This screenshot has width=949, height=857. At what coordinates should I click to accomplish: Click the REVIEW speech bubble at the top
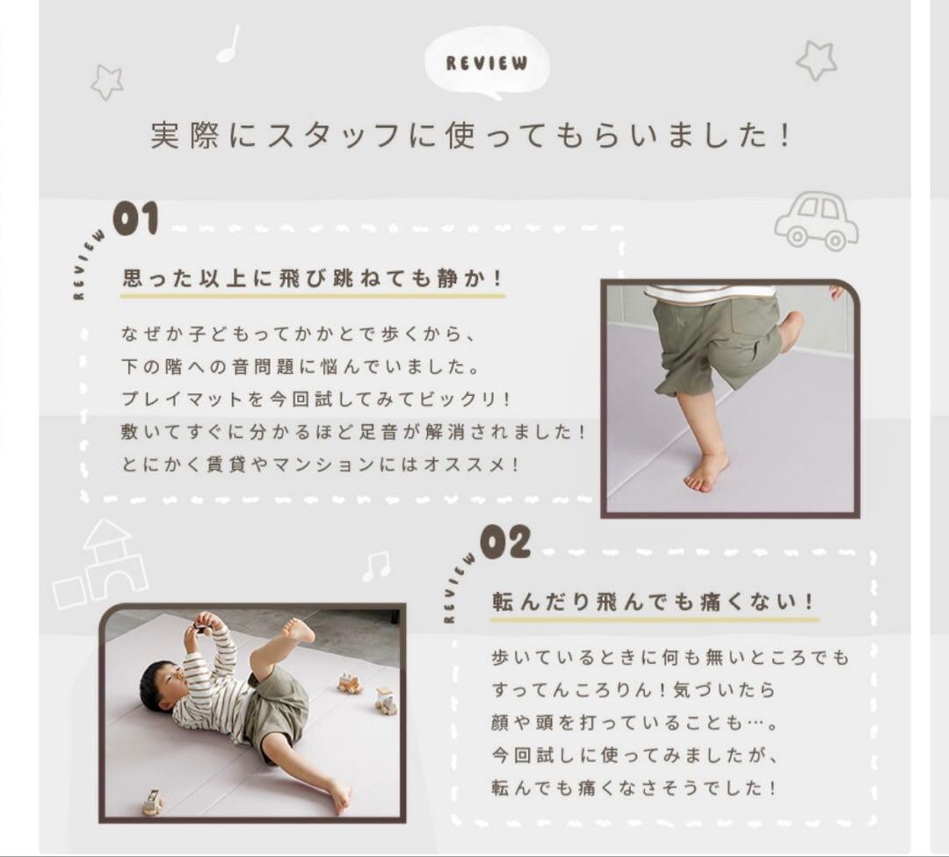487,63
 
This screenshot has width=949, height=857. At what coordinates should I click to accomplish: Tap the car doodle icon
816,220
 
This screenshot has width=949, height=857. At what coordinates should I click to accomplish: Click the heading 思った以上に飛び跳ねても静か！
313,278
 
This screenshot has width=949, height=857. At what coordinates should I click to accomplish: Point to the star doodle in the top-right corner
816,60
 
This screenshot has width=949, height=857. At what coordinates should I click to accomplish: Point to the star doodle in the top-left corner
107,82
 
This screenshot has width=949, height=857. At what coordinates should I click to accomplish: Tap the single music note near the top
228,44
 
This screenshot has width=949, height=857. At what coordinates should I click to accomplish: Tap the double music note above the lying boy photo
376,566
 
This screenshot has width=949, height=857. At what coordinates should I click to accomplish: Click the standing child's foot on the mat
706,472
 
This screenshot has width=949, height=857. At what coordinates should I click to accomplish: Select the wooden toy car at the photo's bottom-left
152,801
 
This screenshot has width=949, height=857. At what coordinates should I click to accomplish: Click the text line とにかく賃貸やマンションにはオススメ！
321,464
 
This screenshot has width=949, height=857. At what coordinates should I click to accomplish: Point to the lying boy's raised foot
299,630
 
